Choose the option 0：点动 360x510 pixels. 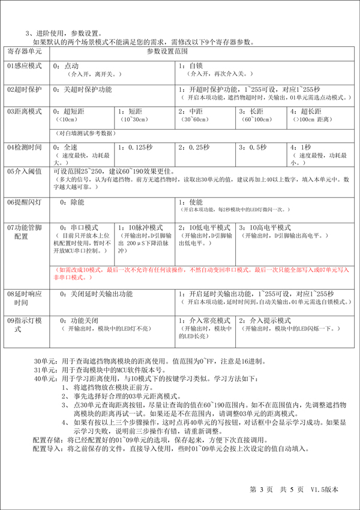pyautogui.click(x=66, y=65)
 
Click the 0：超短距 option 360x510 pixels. pyautogui.click(x=71, y=112)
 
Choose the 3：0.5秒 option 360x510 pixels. pyautogui.click(x=253, y=148)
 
